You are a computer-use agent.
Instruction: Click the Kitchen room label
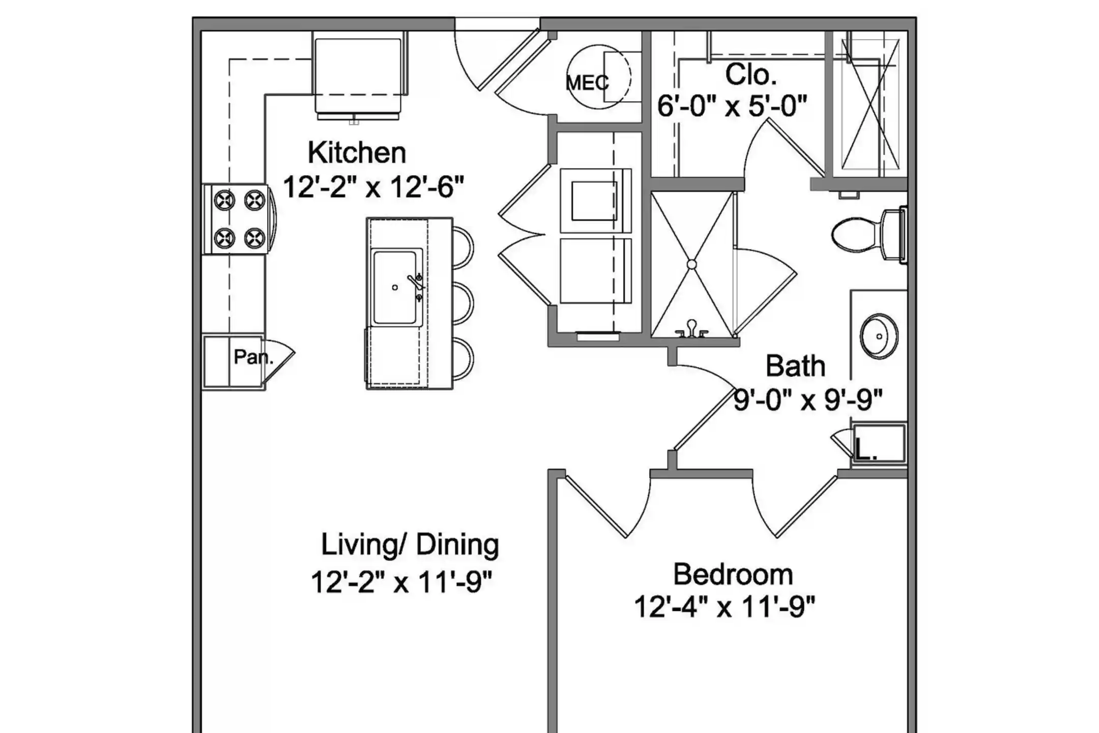click(357, 153)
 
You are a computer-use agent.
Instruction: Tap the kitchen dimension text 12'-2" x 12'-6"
click(373, 187)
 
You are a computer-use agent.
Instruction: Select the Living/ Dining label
click(410, 545)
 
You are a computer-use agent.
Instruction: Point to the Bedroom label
click(733, 574)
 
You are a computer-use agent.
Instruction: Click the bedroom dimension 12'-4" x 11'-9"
click(725, 606)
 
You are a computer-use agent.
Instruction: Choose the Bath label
click(795, 366)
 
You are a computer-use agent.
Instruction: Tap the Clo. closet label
click(751, 75)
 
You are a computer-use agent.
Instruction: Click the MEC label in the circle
click(587, 82)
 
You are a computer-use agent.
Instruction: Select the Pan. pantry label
click(253, 357)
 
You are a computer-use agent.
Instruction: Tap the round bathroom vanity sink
click(879, 336)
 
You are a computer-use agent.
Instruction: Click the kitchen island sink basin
click(395, 288)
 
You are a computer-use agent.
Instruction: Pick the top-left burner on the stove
click(224, 200)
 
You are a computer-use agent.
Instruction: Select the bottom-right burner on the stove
click(254, 238)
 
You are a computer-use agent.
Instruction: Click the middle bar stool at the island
click(462, 304)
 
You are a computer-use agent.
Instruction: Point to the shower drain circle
click(691, 265)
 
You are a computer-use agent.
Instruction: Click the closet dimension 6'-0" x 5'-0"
click(732, 106)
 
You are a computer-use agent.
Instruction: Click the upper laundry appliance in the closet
click(596, 201)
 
